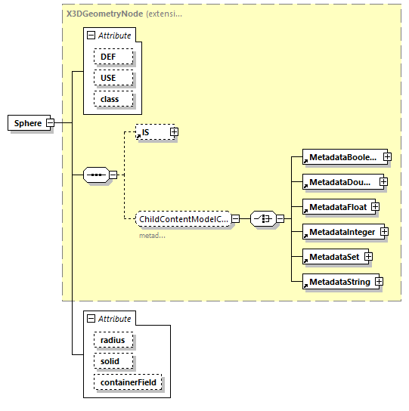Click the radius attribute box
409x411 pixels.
(x=113, y=341)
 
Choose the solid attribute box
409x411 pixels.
(x=110, y=362)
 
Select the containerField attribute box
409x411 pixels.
(x=126, y=383)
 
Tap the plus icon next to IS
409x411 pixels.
(x=174, y=132)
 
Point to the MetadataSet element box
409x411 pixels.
(x=332, y=257)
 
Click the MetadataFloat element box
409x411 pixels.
(x=335, y=206)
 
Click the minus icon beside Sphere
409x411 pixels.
(x=50, y=122)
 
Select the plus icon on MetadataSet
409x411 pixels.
(x=369, y=257)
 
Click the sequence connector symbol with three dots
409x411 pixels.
(x=96, y=175)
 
